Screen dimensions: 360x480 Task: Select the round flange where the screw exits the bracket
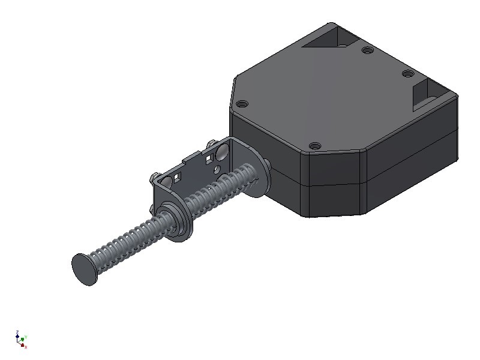pyautogui.click(x=178, y=222)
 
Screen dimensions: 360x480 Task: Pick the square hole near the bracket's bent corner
pyautogui.click(x=178, y=177)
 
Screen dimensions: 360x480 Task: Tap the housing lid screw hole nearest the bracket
pyautogui.click(x=242, y=104)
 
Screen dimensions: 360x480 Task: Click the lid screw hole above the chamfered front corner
pyautogui.click(x=314, y=145)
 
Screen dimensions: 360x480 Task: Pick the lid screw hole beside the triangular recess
pyautogui.click(x=366, y=50)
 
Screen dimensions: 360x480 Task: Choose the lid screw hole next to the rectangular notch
pyautogui.click(x=407, y=74)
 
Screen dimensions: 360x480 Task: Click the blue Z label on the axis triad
pyautogui.click(x=17, y=332)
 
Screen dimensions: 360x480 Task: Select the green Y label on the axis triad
pyautogui.click(x=26, y=338)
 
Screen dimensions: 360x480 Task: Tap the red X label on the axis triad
pyautogui.click(x=26, y=346)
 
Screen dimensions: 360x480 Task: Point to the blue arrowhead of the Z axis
pyautogui.click(x=17, y=337)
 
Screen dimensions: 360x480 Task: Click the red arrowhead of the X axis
pyautogui.click(x=22, y=344)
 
